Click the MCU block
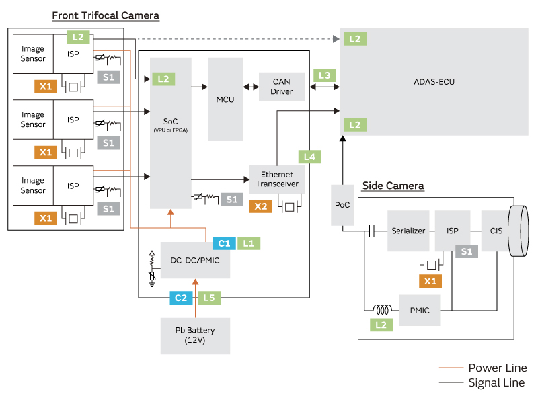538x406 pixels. (225, 99)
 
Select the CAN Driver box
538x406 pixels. (281, 87)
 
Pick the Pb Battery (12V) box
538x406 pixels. (195, 335)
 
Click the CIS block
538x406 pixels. (496, 230)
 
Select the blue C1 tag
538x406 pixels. (224, 243)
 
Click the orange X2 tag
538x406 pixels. (261, 206)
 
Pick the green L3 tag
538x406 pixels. (325, 75)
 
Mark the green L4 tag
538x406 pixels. (309, 157)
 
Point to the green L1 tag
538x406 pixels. (247, 243)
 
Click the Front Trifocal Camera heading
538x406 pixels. (106, 15)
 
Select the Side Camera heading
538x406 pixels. (393, 186)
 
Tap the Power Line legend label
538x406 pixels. (497, 368)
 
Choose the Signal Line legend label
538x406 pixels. (497, 383)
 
